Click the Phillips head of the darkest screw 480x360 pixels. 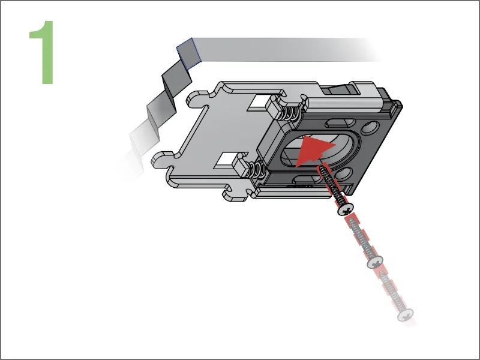point(345,210)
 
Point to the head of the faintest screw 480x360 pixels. point(406,313)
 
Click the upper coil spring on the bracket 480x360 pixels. point(291,112)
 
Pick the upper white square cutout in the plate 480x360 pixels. point(261,102)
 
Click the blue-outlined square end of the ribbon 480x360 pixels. point(188,53)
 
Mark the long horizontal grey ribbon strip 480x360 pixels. point(288,50)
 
